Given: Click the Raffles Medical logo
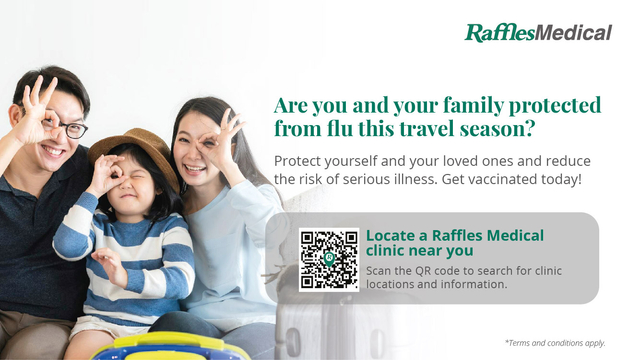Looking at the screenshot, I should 538,32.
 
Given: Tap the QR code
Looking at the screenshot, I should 329,259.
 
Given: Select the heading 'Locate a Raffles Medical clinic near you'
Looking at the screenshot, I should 454,243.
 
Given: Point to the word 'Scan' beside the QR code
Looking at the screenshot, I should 381,270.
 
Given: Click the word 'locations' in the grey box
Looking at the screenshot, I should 398,284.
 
